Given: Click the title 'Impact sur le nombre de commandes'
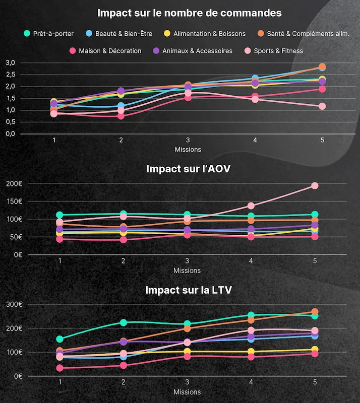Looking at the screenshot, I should [189, 13].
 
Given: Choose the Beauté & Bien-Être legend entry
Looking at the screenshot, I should [119, 34].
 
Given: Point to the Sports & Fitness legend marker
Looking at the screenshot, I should [248, 51].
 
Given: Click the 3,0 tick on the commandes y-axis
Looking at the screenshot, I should [11, 62].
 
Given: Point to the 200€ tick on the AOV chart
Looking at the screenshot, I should [14, 183].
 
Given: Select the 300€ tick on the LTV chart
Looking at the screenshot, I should [14, 304].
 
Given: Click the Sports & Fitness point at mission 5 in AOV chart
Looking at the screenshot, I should [315, 186].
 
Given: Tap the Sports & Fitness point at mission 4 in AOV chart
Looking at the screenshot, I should [251, 206].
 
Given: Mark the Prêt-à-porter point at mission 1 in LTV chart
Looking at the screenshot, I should [60, 339].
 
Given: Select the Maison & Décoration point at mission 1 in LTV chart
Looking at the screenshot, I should [60, 368].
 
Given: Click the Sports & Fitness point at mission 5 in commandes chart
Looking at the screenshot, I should [322, 106].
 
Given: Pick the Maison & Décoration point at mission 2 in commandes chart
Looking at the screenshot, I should [121, 116].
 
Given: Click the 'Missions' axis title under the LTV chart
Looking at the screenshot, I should [187, 392].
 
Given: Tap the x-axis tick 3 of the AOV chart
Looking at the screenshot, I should [187, 260].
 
